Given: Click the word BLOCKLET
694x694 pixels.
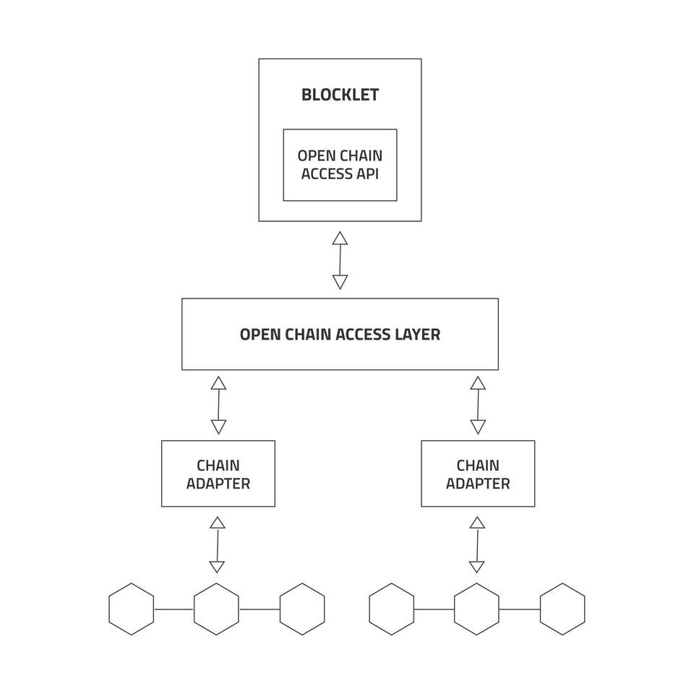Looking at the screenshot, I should click(x=340, y=95).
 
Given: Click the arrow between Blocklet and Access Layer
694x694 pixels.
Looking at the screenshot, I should click(x=340, y=260).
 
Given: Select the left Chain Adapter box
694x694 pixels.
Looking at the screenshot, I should click(x=218, y=474).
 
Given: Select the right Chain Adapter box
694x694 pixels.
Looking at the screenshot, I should click(x=478, y=474).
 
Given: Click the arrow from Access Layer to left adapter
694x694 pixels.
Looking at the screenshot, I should click(x=218, y=405).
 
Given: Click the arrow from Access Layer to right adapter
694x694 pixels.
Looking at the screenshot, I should click(x=477, y=405).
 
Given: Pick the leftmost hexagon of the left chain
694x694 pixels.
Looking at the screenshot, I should click(x=132, y=609).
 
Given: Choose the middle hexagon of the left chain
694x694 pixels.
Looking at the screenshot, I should click(x=217, y=609).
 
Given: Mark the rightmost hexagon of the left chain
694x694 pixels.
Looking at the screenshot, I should click(x=302, y=609).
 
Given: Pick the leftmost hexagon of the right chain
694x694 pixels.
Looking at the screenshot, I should click(x=392, y=609).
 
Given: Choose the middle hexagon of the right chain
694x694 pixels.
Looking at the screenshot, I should click(x=477, y=609).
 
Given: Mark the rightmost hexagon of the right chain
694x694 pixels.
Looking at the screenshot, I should click(x=562, y=609).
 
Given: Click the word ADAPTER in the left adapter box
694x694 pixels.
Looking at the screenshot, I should click(x=218, y=484).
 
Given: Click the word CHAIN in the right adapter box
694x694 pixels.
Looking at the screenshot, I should click(x=478, y=465).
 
